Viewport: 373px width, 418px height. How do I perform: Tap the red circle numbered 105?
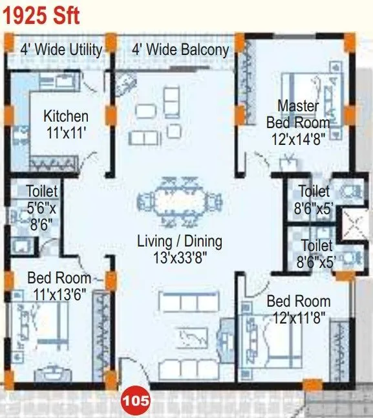pyautogui.click(x=136, y=401)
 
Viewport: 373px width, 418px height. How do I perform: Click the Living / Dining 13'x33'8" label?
pyautogui.click(x=180, y=250)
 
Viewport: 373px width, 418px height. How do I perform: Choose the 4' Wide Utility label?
pyautogui.click(x=61, y=49)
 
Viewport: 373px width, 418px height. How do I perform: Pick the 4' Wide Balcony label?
pyautogui.click(x=180, y=49)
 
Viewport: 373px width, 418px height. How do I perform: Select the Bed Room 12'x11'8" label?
pyautogui.click(x=298, y=309)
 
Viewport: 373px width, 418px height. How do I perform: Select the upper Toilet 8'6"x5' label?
pyautogui.click(x=314, y=199)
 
